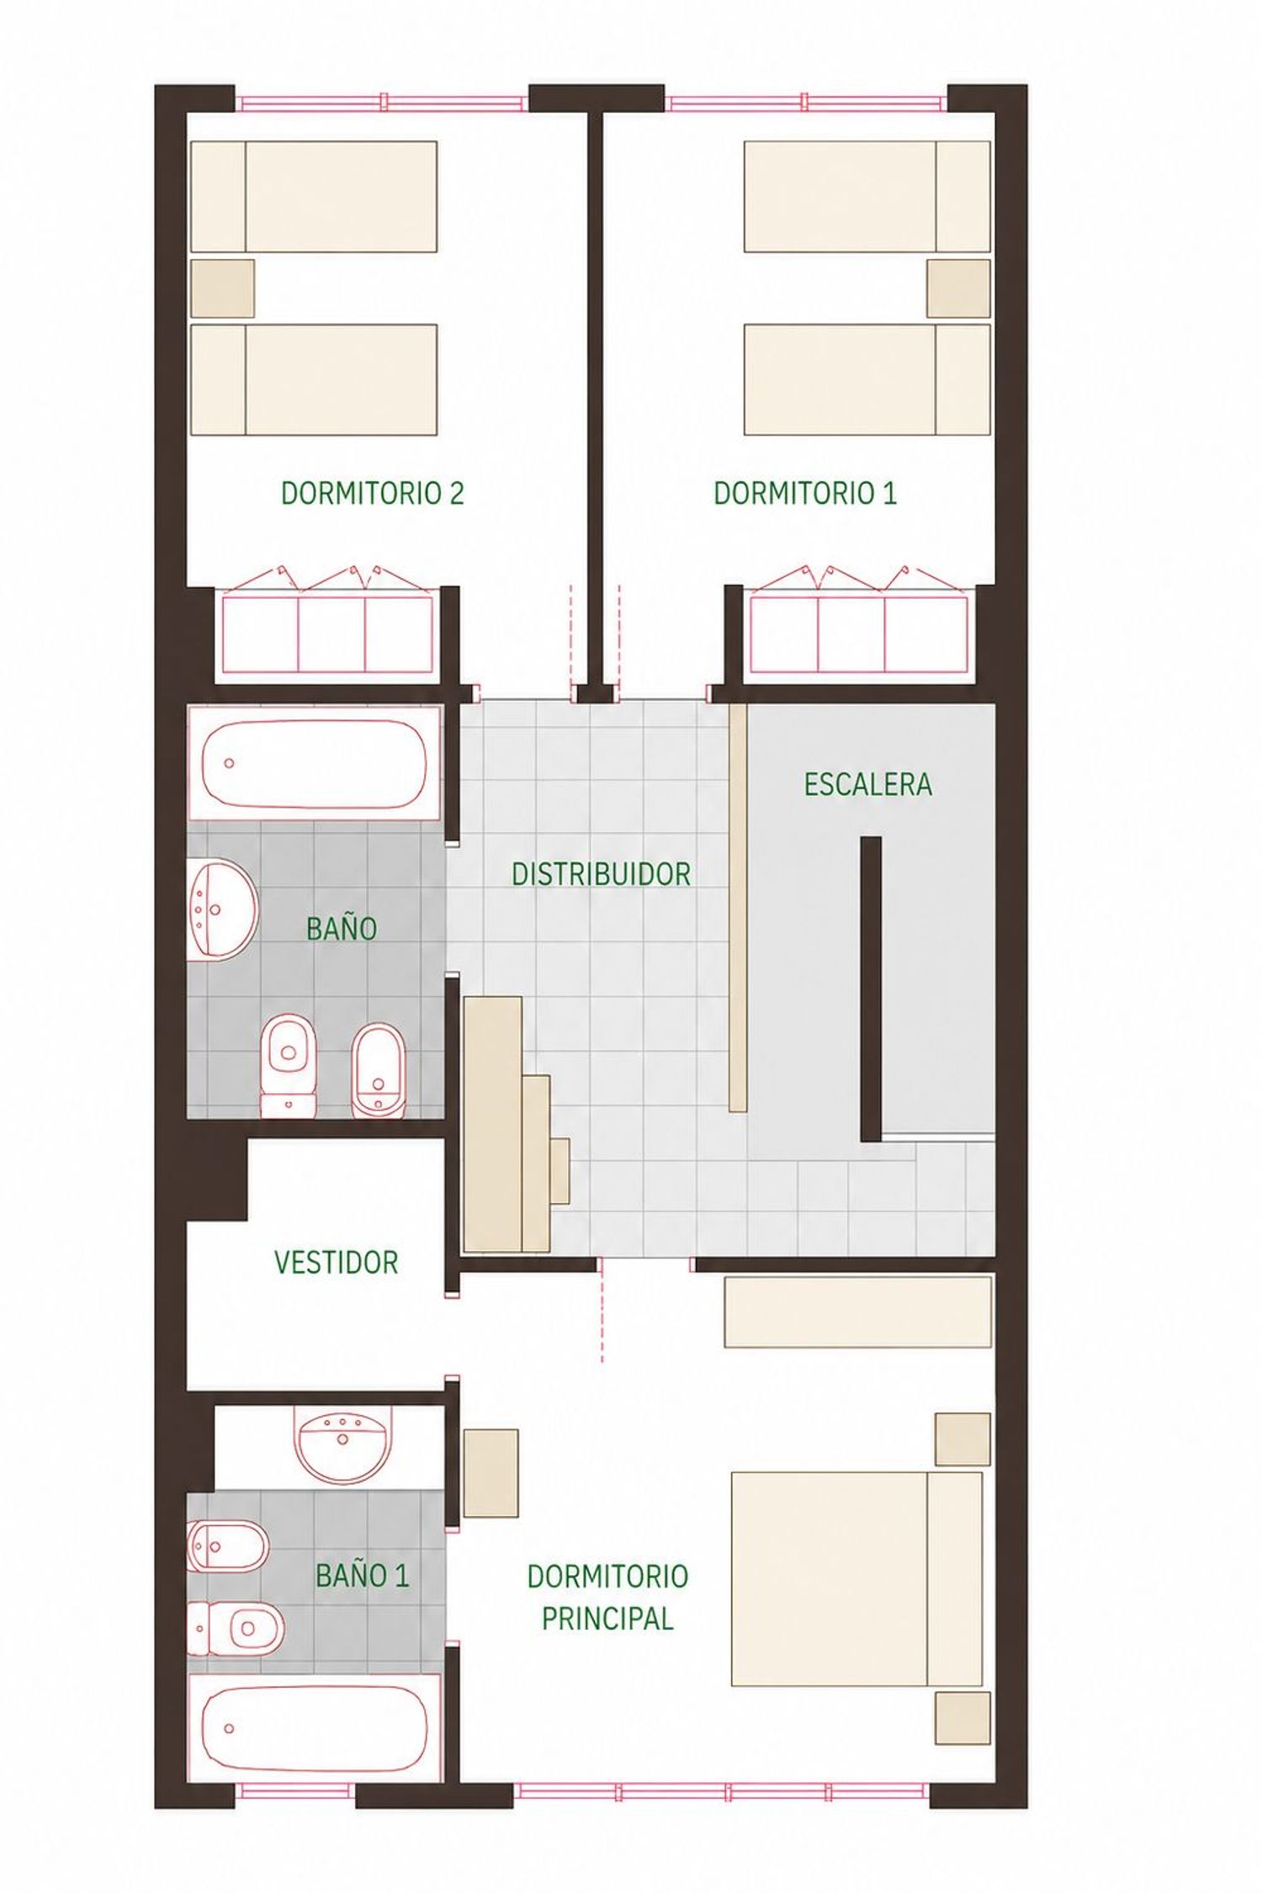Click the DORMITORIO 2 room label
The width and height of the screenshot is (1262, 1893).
(x=372, y=493)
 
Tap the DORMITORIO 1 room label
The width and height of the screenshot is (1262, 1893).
(x=805, y=493)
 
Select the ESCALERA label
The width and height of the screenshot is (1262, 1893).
(x=868, y=784)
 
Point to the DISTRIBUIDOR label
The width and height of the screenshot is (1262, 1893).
(x=602, y=874)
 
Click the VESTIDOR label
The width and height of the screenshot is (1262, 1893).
(x=337, y=1262)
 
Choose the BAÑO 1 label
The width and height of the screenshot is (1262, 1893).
(x=363, y=1575)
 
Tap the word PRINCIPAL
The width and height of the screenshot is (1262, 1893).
(x=607, y=1618)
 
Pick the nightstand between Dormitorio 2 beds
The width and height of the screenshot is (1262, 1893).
(x=222, y=288)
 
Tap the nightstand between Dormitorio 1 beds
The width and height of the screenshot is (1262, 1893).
(x=958, y=288)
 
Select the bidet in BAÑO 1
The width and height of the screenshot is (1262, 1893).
(x=228, y=1546)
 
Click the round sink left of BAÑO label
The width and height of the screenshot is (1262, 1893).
(x=222, y=909)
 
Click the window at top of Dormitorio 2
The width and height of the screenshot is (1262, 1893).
(x=382, y=103)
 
